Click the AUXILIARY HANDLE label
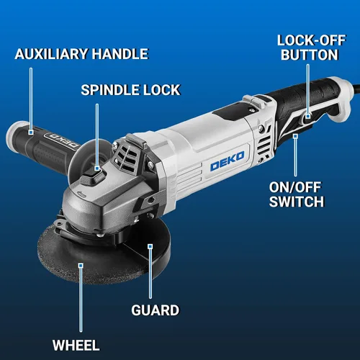coord(81,54)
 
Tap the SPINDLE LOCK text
coord(130,90)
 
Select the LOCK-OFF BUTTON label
coord(311,48)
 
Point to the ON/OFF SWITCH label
coord(297,194)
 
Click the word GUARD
coord(156,310)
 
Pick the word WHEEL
coord(76,345)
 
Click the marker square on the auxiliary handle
coord(31,132)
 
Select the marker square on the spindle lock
coord(97,168)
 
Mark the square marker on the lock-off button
coord(308,117)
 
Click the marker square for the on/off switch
coord(295,136)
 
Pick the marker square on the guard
coord(150,246)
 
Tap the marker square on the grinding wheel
coord(81,266)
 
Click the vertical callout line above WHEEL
coord(81,300)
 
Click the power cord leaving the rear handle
coord(356,86)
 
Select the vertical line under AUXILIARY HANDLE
coord(31,99)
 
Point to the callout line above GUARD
coord(150,274)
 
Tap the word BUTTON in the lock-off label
coord(310,55)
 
